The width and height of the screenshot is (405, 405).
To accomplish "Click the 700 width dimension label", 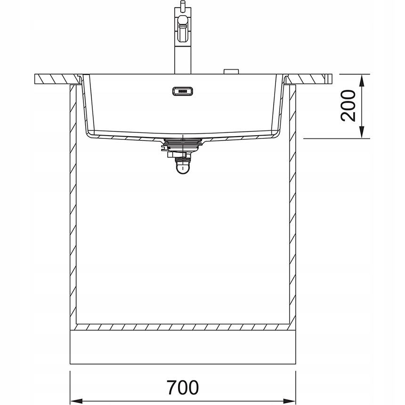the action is (182, 387).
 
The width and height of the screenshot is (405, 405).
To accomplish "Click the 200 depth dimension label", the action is (348, 105).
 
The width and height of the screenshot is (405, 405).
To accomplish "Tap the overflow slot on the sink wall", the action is (183, 91).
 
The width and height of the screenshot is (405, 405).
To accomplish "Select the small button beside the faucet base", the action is (231, 72).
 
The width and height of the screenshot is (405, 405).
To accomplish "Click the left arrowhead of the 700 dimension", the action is (76, 401).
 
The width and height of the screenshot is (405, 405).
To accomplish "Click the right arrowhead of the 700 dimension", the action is (289, 401).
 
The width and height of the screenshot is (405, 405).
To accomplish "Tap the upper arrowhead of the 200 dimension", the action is (362, 81).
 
